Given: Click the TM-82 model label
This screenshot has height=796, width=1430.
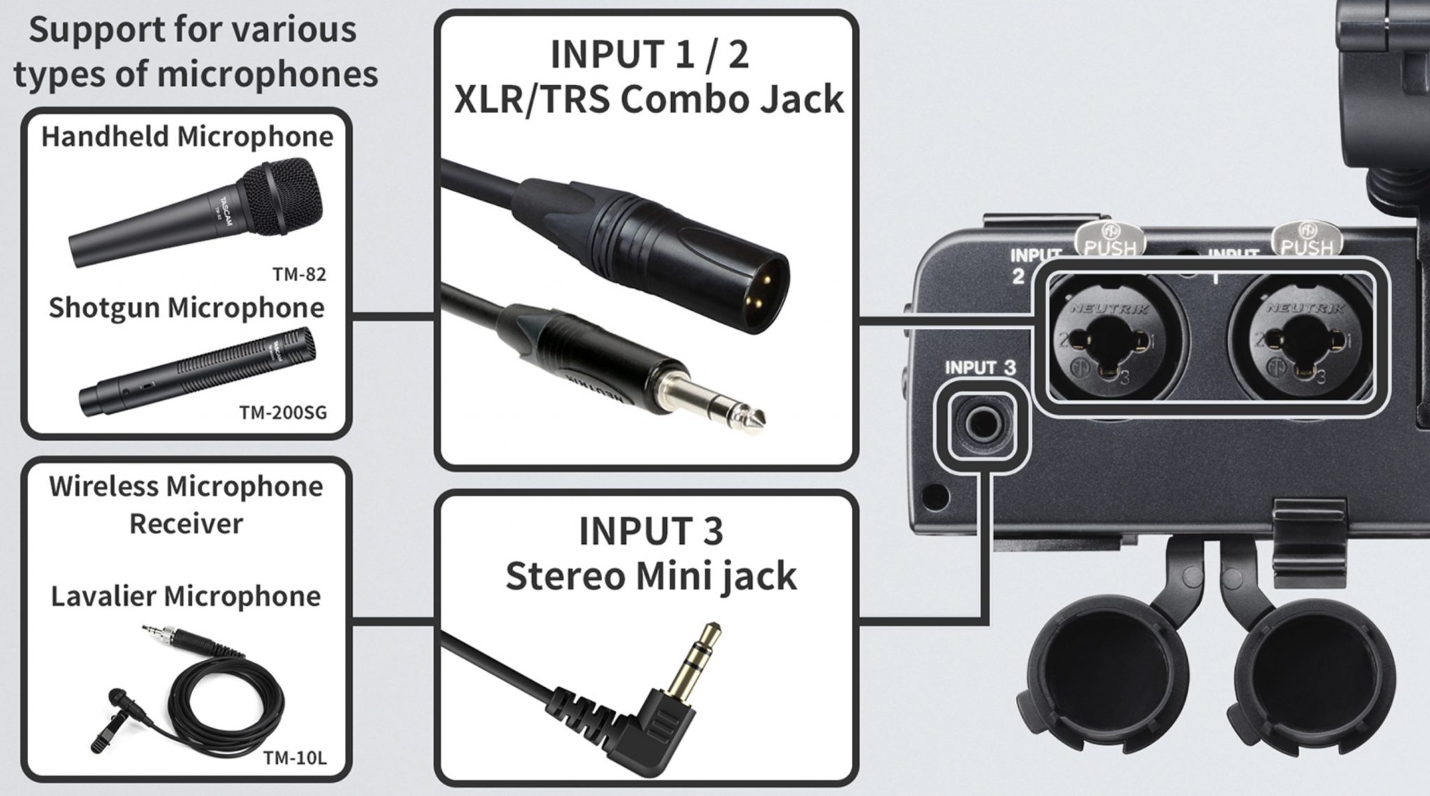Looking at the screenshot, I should [x=300, y=274].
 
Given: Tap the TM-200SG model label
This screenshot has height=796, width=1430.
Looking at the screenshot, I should [x=283, y=413].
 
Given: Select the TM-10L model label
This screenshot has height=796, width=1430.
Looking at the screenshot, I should [x=294, y=758].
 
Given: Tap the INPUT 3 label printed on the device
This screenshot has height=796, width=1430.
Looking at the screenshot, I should [x=980, y=367].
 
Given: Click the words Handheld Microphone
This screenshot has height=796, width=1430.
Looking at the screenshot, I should [x=187, y=136].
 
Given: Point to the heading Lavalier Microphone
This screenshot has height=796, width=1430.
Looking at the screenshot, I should [x=186, y=596].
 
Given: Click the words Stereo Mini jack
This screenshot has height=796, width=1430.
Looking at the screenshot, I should [x=650, y=577].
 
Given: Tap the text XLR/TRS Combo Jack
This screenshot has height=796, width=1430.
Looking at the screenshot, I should [x=649, y=99].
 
